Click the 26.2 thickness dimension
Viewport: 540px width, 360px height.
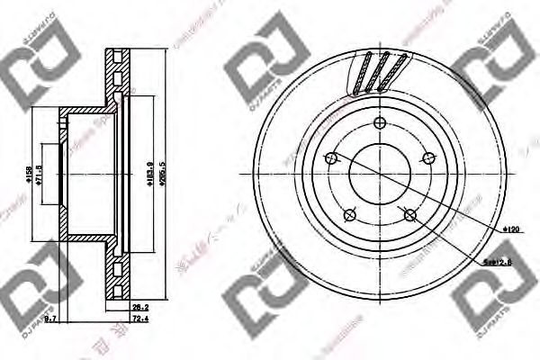click(x=139, y=306)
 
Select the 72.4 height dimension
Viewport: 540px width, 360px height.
click(x=139, y=319)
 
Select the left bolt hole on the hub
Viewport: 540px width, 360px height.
click(x=330, y=158)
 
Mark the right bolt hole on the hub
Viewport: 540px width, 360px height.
click(x=427, y=158)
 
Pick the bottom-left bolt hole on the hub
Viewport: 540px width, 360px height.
click(x=348, y=214)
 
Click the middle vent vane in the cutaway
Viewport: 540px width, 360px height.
click(x=381, y=72)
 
